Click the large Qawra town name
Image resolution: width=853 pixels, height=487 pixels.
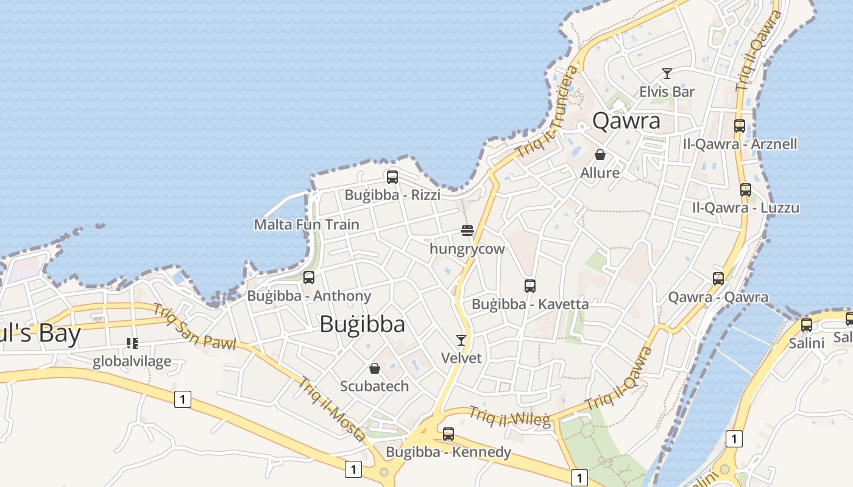pos(626,121)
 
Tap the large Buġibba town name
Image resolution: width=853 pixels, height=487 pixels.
pos(362,324)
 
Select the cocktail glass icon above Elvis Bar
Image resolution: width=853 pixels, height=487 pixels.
pos(667,74)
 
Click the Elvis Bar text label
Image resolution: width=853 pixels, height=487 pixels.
pos(667,92)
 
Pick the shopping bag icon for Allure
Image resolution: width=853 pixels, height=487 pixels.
pos(600,155)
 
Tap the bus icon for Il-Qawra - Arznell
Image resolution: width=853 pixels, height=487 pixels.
pos(740,126)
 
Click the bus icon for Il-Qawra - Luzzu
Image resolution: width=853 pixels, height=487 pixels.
pos(746,190)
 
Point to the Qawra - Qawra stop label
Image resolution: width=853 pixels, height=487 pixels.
pos(718,297)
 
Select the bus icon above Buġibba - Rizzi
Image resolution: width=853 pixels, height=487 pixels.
pos(392,177)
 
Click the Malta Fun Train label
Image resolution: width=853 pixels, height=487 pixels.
pos(306,224)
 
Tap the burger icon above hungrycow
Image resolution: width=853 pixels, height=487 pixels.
pos(467,231)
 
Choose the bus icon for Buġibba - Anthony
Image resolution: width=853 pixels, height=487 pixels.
pos(309,278)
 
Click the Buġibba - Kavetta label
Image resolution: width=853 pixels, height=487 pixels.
pos(530,304)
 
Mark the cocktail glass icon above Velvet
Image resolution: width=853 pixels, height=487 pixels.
pos(461,340)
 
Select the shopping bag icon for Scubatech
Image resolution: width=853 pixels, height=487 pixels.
pos(375,368)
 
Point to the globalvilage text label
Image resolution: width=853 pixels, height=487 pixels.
pos(132,362)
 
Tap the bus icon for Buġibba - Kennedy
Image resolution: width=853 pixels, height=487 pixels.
pos(448,434)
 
